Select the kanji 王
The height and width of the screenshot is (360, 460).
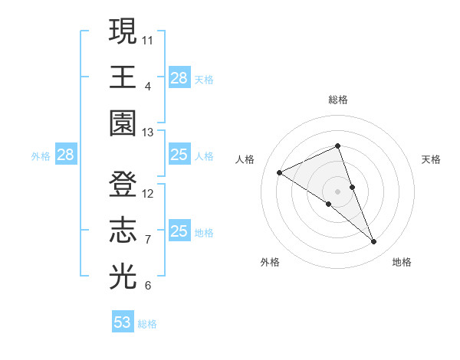coord(123,77)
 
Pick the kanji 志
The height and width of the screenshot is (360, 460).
coord(123,230)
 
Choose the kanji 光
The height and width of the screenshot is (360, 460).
coord(123,275)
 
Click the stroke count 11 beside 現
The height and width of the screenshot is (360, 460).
coord(148,39)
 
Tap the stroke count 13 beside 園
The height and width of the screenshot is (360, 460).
coord(148,133)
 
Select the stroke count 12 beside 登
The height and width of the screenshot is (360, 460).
coord(148,194)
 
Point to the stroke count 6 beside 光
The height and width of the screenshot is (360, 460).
coord(147,286)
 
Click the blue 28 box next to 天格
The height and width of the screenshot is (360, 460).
coord(179,78)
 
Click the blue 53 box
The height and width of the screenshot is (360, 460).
coord(123,322)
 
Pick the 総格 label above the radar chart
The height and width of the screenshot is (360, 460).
coord(338,100)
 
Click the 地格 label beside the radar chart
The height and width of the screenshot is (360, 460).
coord(402,262)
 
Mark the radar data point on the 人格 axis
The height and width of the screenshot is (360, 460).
coord(280,172)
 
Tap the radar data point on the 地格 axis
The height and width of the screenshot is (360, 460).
coord(374,242)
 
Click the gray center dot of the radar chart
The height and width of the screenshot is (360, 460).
coord(338,191)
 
